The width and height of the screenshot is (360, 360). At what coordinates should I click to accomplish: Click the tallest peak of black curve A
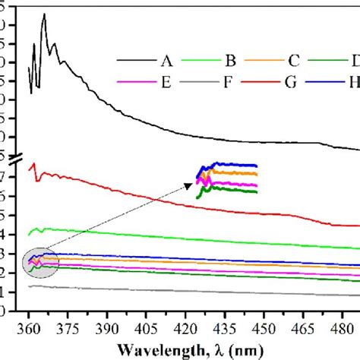tap(44, 14)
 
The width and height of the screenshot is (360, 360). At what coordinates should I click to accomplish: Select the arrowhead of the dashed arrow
tap(191, 182)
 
